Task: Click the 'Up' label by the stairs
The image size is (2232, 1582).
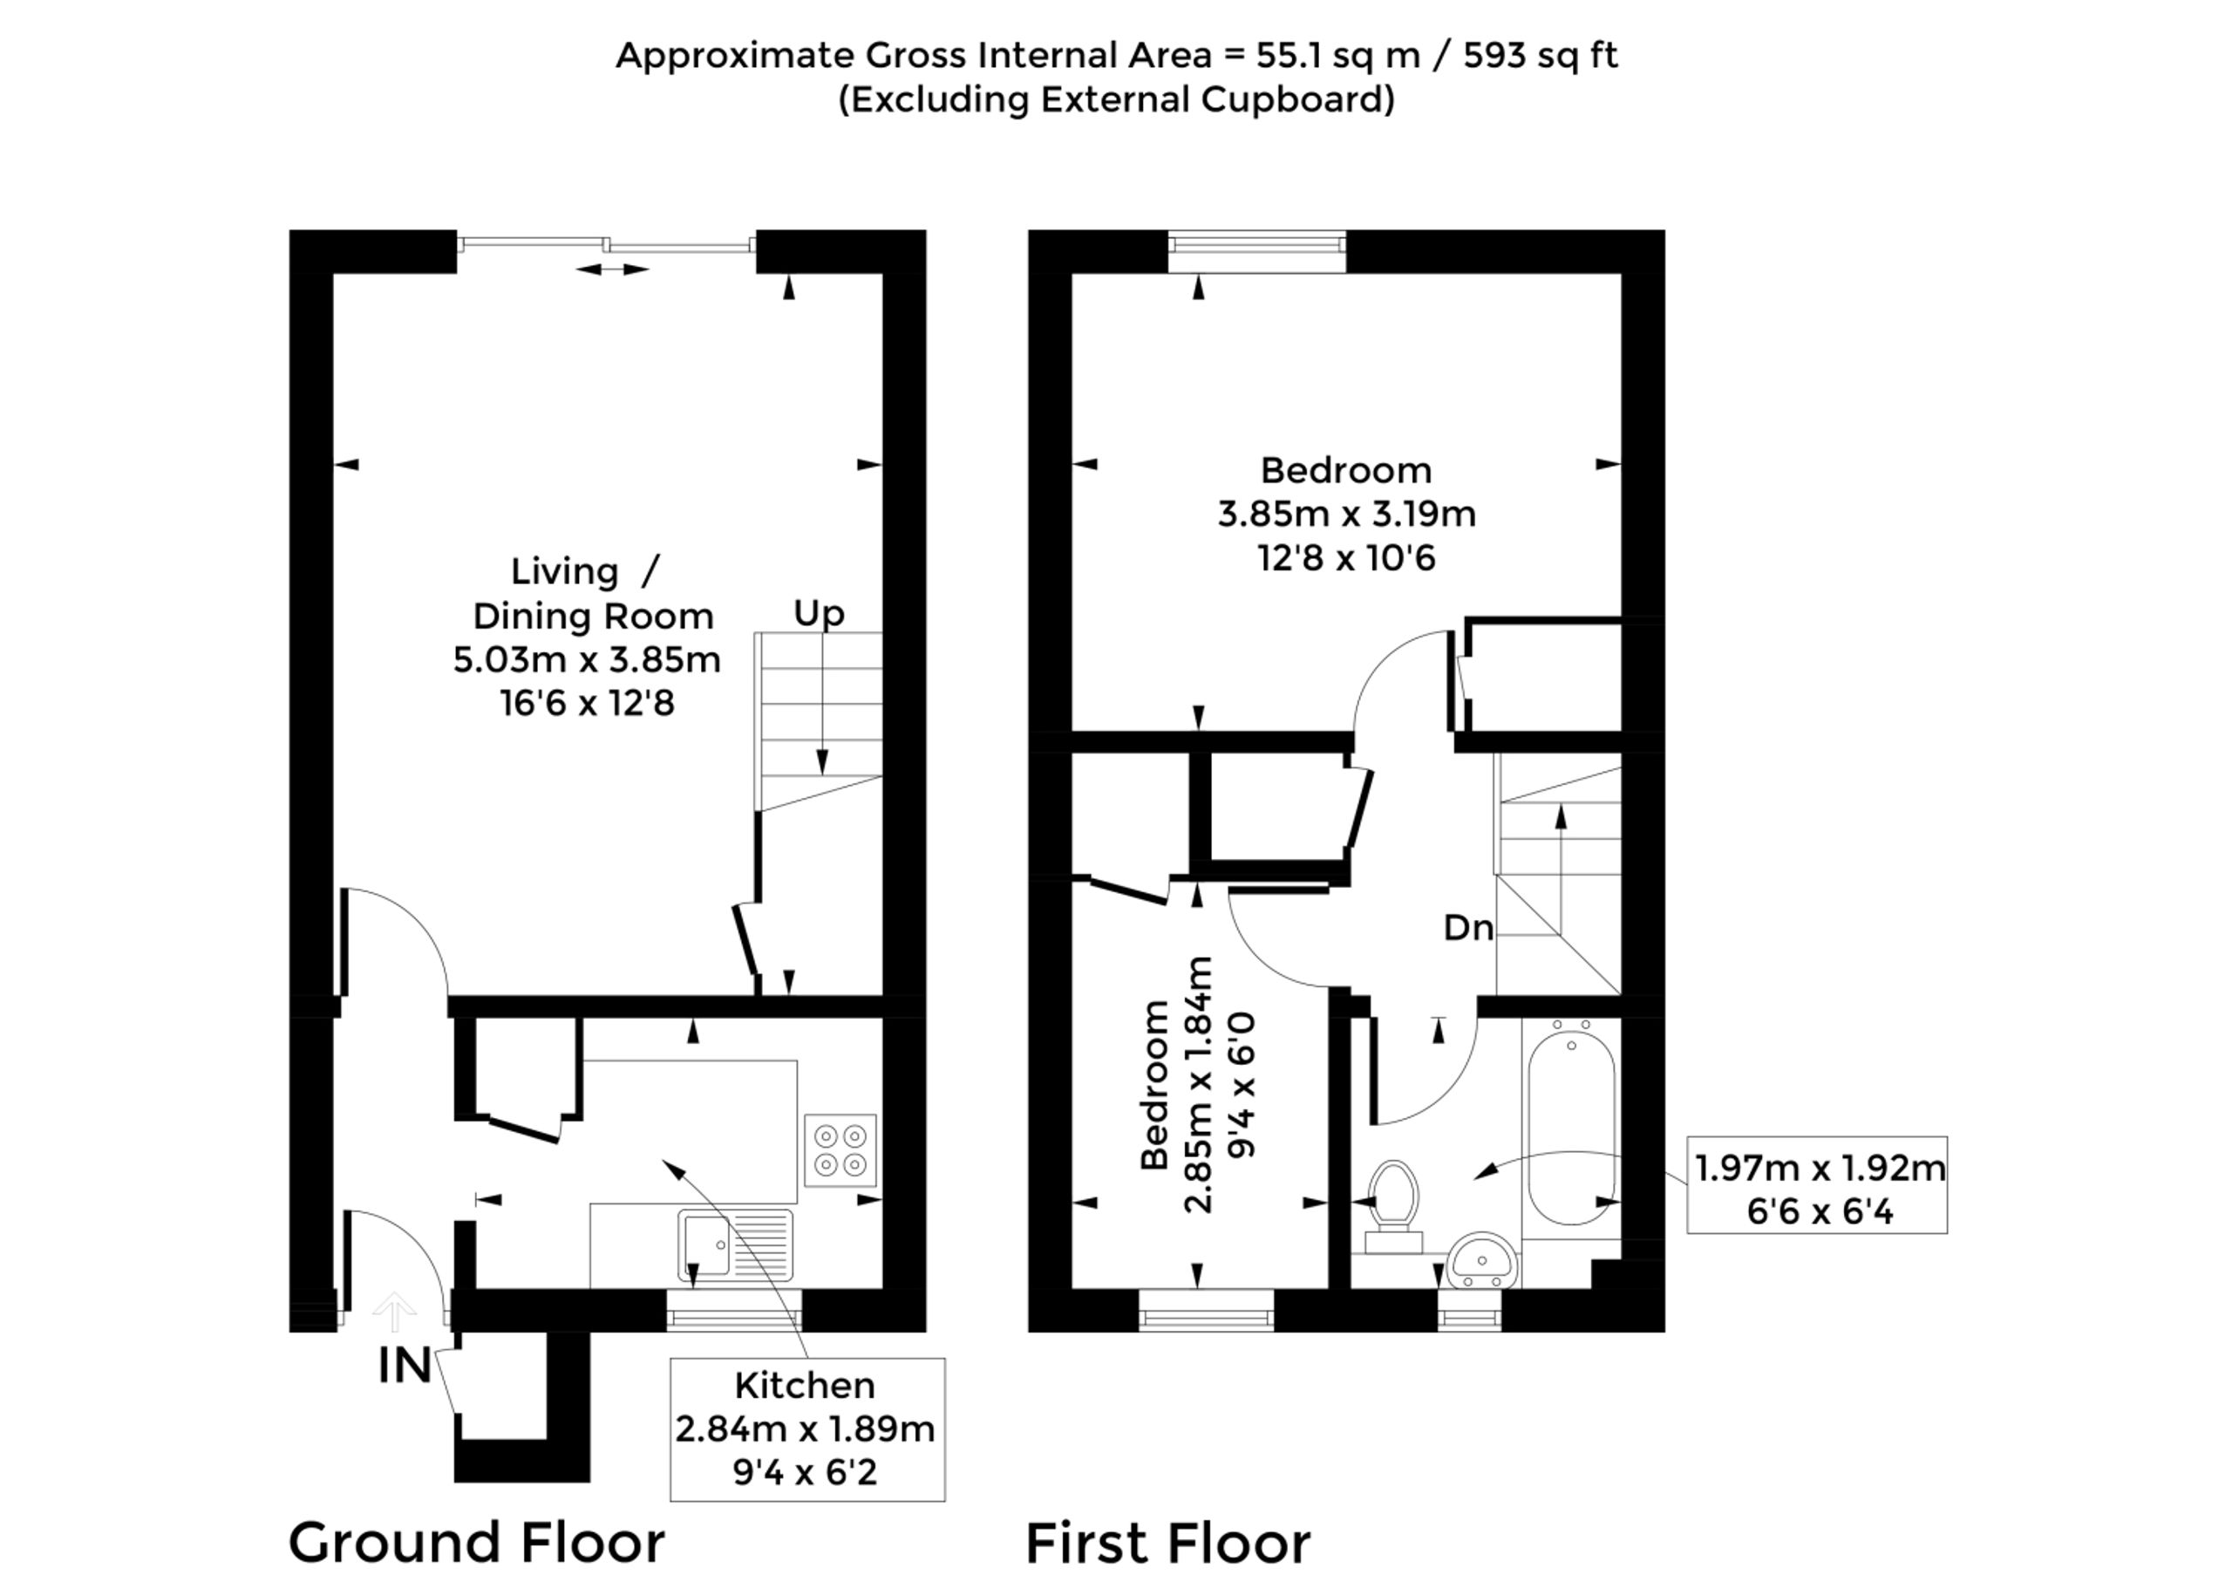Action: [818, 614]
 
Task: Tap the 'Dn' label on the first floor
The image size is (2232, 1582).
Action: [1467, 928]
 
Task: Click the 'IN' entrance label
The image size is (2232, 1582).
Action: [405, 1366]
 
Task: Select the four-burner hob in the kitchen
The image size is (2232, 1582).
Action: [840, 1149]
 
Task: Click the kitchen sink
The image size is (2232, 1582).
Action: [734, 1245]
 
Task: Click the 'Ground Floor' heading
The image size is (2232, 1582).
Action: [476, 1542]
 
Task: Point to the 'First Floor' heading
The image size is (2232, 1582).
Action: [1167, 1543]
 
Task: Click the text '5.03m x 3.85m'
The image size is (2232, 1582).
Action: [586, 660]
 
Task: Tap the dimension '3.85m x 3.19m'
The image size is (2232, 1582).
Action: [1346, 514]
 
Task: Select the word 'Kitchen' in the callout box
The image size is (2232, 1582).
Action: [805, 1385]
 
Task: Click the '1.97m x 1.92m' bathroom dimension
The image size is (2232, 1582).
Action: [1819, 1168]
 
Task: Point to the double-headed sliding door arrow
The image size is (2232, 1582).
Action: [611, 269]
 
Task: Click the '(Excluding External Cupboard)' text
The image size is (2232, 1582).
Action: [1116, 99]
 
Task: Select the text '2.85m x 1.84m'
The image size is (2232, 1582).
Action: [1199, 1084]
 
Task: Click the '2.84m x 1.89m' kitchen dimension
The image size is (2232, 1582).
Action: [805, 1429]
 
